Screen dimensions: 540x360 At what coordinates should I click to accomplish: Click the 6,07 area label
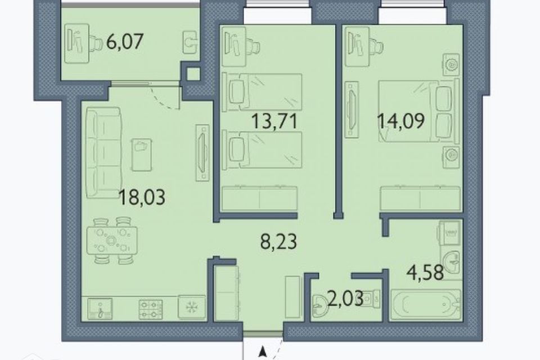[x=125, y=42]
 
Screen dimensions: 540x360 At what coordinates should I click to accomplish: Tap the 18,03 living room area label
[x=142, y=198]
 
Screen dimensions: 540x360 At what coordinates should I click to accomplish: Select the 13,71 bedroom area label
[x=274, y=121]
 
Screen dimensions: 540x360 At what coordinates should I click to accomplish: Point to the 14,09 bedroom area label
[x=401, y=121]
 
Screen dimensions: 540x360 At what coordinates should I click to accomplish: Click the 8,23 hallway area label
[x=278, y=241]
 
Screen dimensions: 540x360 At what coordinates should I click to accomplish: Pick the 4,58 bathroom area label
[x=425, y=273]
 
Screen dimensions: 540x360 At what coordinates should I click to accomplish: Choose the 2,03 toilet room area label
[x=345, y=299]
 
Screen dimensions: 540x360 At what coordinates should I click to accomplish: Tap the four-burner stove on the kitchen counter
[x=151, y=309]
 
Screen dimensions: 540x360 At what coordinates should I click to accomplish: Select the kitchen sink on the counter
[x=100, y=309]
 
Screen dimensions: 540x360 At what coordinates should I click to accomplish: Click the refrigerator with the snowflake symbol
[x=191, y=307]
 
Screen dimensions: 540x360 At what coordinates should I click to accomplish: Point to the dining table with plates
[x=112, y=240]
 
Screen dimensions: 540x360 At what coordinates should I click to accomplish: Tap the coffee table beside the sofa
[x=141, y=155]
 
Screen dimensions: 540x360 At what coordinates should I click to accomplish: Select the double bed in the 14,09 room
[x=419, y=110]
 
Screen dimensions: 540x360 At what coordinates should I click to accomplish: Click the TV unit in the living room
[x=202, y=152]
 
